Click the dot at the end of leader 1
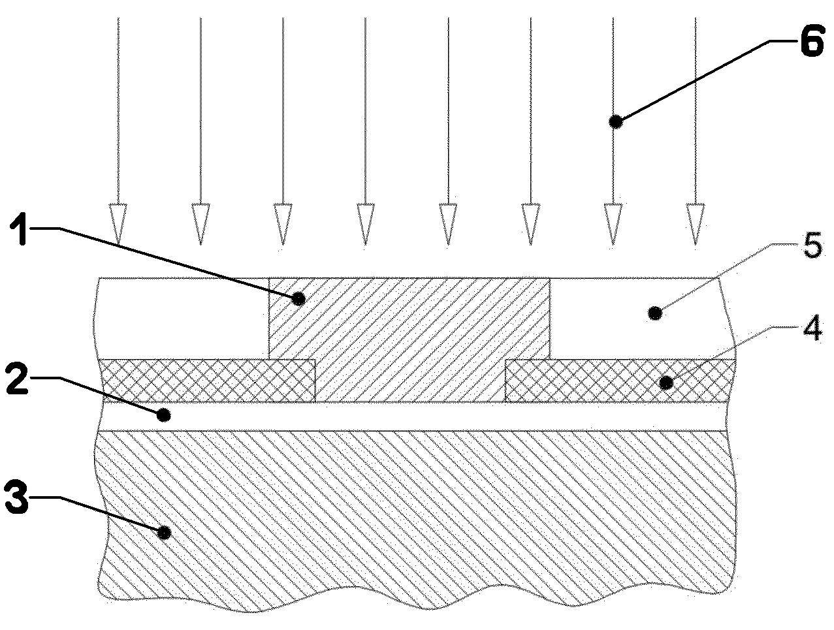[298, 299]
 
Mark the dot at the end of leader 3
[165, 533]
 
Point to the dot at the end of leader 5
[655, 314]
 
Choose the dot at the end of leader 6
[614, 121]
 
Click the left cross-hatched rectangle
[207, 381]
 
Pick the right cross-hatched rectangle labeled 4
[619, 381]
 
